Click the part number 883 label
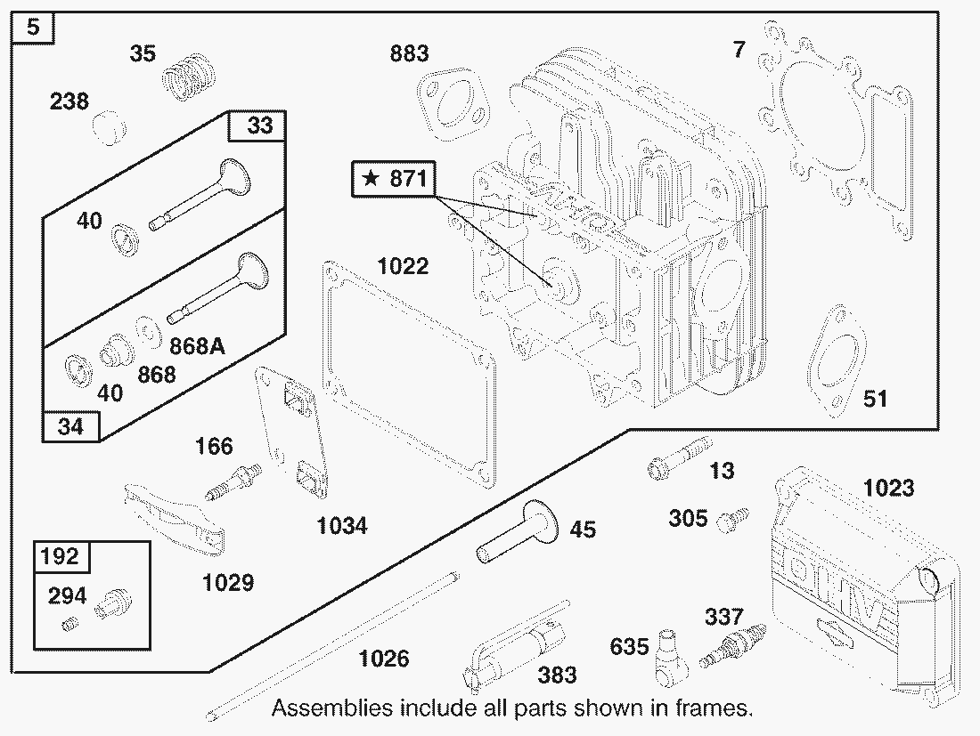(410, 53)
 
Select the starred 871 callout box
(394, 179)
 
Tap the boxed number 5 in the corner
(33, 28)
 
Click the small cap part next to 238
(110, 128)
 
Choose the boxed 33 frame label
(258, 125)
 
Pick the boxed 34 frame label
(70, 426)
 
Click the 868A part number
(198, 345)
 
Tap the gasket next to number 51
(837, 360)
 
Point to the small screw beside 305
(731, 520)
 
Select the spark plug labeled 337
(731, 645)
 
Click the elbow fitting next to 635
(670, 659)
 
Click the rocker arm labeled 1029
(174, 517)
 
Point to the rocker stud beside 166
(233, 482)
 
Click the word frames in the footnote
(713, 708)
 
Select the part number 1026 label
(384, 658)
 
